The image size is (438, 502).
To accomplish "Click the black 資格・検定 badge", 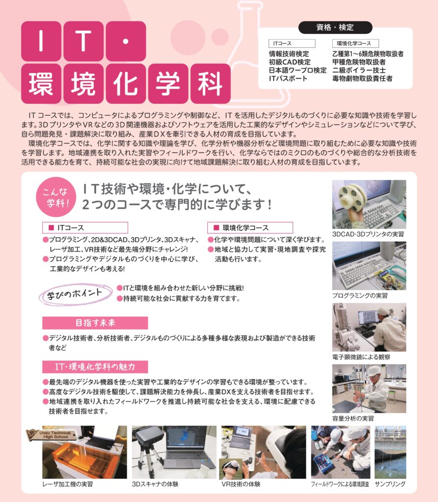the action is pos(335,27).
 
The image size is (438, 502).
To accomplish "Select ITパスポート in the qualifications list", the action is pos(288,78).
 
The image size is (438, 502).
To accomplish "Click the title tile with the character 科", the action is pos(211,84).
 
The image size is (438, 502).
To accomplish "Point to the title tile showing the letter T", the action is pos(83,41).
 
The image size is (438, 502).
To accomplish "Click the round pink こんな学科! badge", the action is pos(56,197).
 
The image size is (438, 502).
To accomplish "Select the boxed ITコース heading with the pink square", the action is pos(85,227).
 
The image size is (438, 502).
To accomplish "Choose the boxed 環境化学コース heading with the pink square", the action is pos(250,227).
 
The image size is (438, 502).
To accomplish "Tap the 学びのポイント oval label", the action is pos(75,294).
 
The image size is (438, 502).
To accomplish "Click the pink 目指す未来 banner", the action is pos(95,323).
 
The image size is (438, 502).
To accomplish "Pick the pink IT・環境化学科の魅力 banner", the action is pos(95,367).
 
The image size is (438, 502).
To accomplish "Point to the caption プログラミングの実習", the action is pos(360,296).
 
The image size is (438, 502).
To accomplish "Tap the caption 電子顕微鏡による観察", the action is pos(361,357).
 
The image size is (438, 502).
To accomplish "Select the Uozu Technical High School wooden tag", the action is pos(51,435).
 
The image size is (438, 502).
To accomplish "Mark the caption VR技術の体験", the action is pos(241,484).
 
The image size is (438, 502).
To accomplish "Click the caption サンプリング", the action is pos(390,484).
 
